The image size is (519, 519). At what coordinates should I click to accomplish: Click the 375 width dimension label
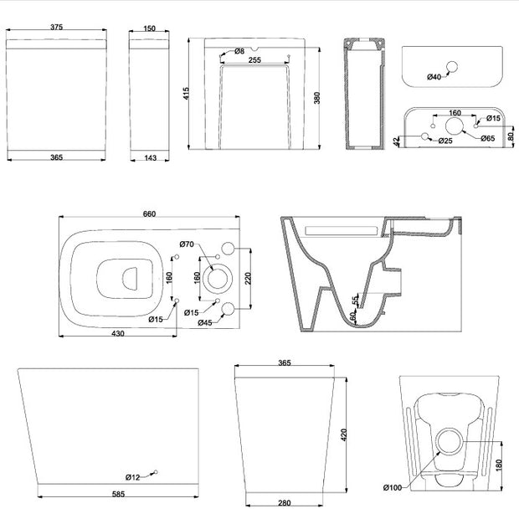click(x=57, y=27)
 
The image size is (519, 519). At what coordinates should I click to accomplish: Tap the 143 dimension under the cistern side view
click(x=151, y=158)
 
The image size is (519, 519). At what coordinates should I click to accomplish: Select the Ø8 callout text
click(x=239, y=51)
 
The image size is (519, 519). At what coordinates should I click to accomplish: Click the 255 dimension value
click(x=254, y=60)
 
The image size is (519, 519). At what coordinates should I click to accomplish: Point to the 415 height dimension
click(x=186, y=94)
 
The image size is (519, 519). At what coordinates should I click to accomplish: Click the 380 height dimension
click(x=317, y=98)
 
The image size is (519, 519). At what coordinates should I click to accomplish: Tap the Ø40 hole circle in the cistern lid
click(x=452, y=67)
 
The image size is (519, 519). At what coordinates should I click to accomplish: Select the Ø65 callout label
click(x=488, y=138)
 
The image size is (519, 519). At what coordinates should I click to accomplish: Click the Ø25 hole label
click(x=445, y=141)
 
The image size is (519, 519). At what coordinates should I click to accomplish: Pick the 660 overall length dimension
click(x=149, y=213)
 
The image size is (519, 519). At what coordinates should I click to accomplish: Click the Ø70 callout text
click(x=187, y=244)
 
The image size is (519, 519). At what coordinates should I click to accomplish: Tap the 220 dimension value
click(x=249, y=279)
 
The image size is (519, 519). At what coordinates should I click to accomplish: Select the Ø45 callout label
click(x=205, y=322)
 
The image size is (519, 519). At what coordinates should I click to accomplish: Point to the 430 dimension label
click(x=118, y=333)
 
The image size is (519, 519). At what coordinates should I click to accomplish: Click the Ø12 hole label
click(x=133, y=477)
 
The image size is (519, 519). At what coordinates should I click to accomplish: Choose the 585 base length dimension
click(x=118, y=494)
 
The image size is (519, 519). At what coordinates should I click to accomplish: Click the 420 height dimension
click(x=343, y=434)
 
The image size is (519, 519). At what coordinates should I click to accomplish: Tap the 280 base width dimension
click(x=285, y=503)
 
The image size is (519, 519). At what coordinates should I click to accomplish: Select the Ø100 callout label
click(x=393, y=487)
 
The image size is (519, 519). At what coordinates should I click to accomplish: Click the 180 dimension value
click(x=499, y=465)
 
